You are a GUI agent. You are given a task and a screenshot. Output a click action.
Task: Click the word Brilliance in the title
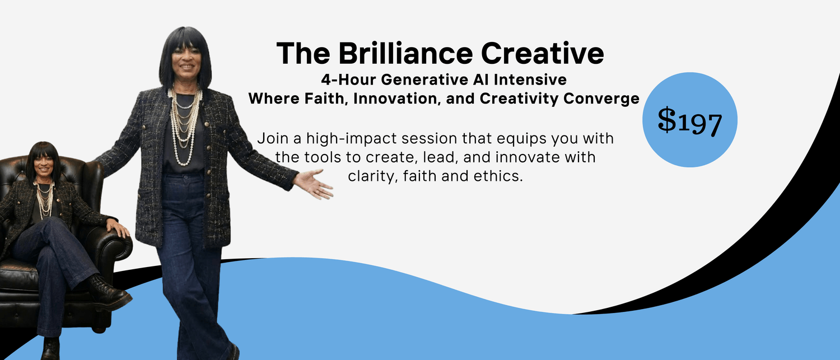click(406, 53)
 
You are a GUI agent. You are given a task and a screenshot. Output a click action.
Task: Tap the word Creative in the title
click(542, 53)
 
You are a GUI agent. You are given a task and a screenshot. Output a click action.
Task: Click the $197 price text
click(689, 121)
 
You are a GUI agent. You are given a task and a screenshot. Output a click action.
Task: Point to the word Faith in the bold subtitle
click(326, 99)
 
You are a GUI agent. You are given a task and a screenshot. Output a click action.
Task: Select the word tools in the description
click(323, 157)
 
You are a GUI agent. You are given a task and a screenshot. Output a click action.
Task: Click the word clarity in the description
click(373, 176)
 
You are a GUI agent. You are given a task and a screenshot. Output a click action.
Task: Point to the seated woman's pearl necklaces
click(45, 200)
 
